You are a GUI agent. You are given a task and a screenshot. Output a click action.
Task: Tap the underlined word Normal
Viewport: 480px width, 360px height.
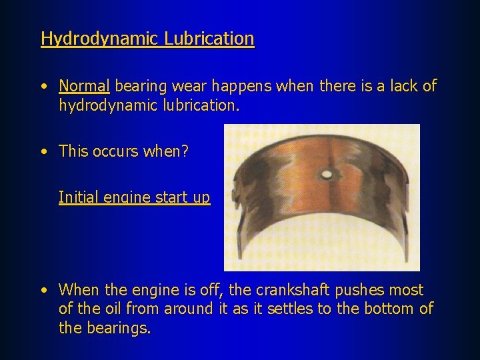point(84,86)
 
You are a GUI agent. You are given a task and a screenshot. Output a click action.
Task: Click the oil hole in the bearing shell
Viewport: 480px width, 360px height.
point(327,175)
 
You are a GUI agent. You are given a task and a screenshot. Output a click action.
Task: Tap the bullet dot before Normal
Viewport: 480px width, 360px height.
point(43,87)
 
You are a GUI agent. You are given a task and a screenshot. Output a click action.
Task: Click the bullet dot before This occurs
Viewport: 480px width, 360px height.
point(43,152)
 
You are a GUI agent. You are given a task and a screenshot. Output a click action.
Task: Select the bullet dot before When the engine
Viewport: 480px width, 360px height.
point(43,291)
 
